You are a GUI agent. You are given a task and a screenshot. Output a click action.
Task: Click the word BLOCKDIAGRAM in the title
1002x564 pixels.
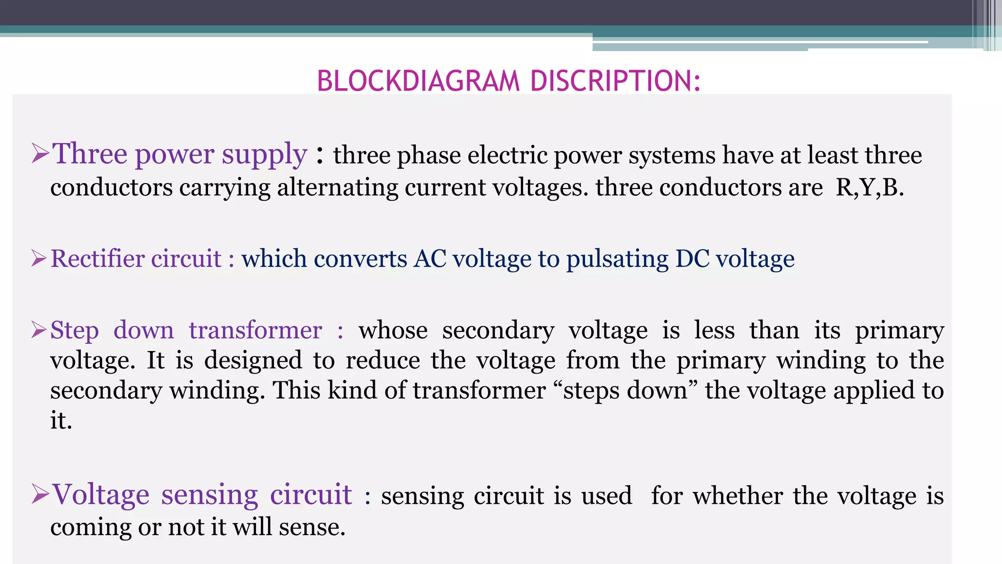point(418,81)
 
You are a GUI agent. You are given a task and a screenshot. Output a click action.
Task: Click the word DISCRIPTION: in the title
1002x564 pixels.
point(615,81)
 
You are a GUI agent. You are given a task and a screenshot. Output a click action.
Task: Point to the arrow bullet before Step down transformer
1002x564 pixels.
point(39,329)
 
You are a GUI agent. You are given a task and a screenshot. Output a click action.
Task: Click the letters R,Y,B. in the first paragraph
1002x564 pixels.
point(869,188)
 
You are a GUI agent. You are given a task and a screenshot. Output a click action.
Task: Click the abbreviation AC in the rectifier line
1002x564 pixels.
point(430,258)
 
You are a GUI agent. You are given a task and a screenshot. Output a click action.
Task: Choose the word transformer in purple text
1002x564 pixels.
point(255,330)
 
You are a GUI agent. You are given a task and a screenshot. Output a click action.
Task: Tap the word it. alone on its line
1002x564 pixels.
point(61,421)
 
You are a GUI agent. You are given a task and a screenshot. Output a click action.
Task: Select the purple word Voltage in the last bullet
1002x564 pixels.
point(101,494)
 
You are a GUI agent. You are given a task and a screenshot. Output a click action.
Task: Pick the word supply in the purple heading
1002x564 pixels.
point(264,155)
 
